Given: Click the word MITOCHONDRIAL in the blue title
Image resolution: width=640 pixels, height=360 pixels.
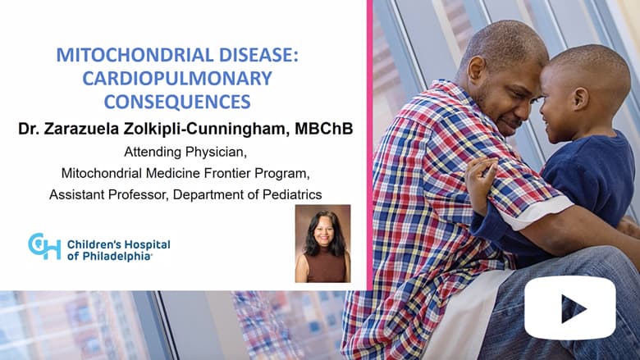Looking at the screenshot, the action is coord(135,55).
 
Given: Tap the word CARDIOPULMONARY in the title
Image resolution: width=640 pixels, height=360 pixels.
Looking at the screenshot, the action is coord(177,78).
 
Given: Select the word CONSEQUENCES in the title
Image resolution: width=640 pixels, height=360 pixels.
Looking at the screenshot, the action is coord(177,102).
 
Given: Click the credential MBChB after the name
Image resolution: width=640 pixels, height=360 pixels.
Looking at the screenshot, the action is coord(323,129).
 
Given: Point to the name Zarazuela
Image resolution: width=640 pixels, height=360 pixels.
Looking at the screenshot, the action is coord(80,129).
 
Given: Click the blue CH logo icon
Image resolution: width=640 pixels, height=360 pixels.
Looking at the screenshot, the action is coord(44,246).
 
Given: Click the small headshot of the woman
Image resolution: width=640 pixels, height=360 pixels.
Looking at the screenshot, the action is coord(322,244).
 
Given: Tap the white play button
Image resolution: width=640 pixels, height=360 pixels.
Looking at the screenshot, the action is coord(569,308).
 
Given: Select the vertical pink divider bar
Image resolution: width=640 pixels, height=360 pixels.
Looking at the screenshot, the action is coord(370,144).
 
